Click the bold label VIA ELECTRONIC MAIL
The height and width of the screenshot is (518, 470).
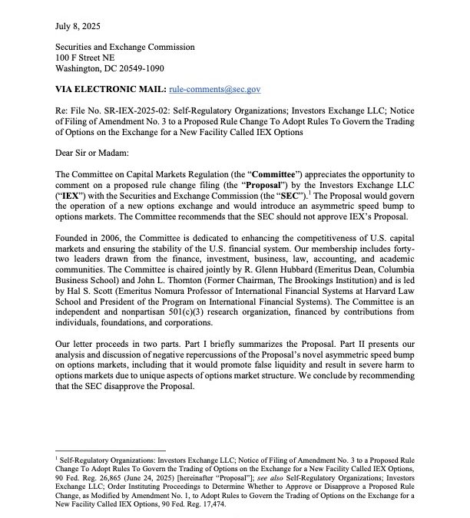tap(111, 90)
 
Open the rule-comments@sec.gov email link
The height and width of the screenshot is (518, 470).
tap(210, 90)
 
